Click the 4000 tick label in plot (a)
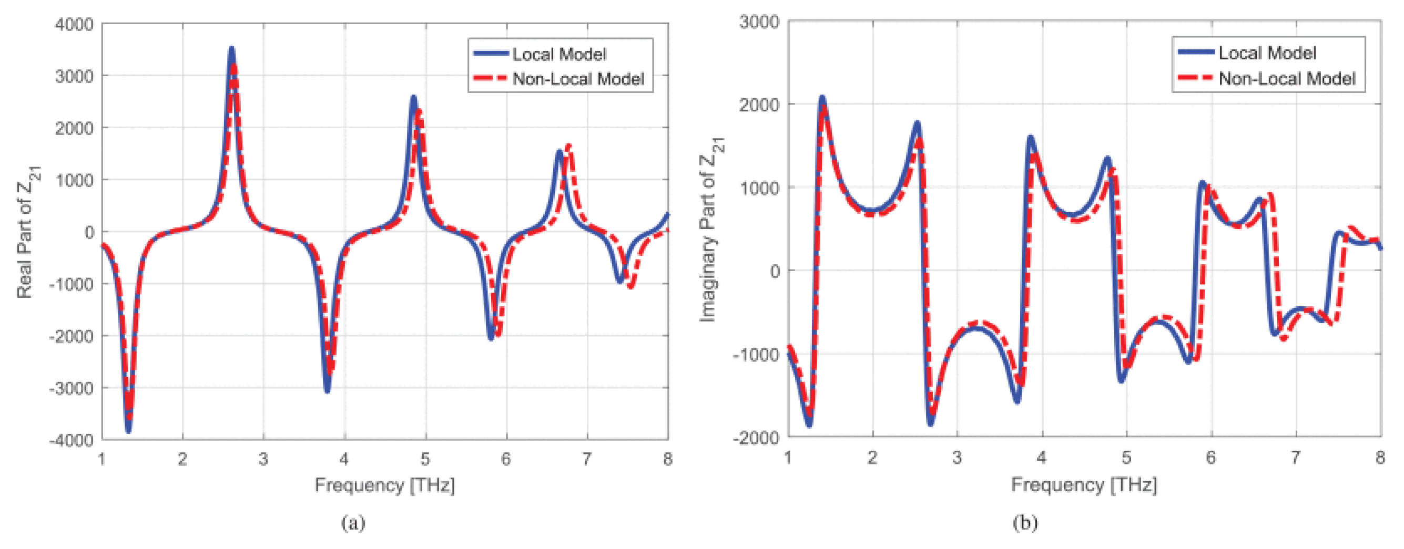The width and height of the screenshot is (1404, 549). [74, 25]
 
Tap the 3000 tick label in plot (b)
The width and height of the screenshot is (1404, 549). [759, 23]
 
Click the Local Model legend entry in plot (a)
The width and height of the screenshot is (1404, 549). [558, 54]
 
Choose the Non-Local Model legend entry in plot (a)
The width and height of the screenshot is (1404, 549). [578, 79]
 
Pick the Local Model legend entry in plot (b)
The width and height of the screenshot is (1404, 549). [1267, 53]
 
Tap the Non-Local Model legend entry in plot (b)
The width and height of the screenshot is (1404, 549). [1286, 78]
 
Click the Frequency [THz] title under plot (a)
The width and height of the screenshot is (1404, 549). [384, 485]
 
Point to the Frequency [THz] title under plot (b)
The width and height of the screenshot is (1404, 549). [1084, 485]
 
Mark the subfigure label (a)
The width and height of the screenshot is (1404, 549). [353, 523]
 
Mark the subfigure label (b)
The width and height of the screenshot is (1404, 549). [1025, 523]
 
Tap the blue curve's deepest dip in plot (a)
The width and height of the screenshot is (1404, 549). [129, 431]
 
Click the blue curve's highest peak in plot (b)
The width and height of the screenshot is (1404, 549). [822, 98]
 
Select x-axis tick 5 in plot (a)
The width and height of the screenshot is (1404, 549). [425, 460]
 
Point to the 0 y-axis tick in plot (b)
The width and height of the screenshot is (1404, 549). [775, 271]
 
